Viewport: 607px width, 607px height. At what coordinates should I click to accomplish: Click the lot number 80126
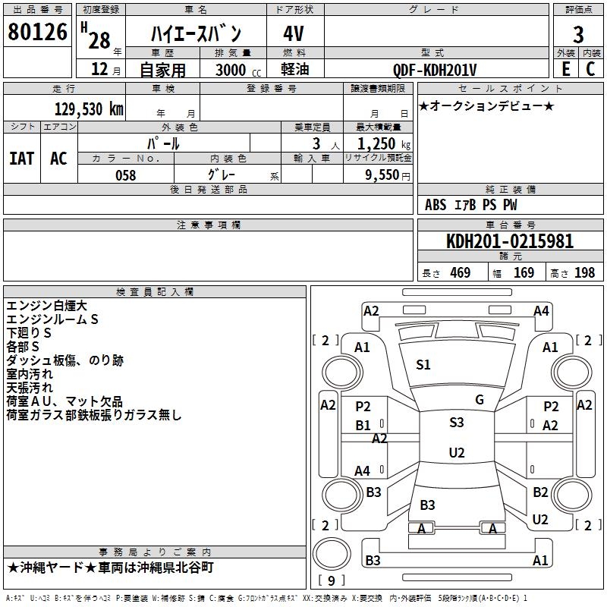click(37, 32)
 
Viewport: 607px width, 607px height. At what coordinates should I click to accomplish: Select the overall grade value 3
click(578, 34)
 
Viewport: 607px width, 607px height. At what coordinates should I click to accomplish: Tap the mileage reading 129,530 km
click(89, 109)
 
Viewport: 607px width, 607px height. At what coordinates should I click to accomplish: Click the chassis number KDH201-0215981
click(510, 241)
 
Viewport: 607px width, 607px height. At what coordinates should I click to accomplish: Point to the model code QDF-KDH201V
click(434, 70)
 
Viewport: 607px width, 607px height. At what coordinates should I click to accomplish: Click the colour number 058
click(126, 175)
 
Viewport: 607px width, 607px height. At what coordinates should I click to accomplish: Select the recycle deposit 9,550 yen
click(388, 175)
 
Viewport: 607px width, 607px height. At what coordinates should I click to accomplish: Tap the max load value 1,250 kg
click(384, 144)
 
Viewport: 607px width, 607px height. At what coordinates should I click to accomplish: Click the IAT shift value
click(22, 159)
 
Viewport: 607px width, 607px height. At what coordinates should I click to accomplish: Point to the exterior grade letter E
click(566, 69)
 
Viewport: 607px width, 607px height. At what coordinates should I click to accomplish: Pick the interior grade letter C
click(590, 69)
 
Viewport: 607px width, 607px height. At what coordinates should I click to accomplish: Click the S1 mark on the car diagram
click(423, 365)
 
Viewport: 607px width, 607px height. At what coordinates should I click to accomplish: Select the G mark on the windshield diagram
click(480, 400)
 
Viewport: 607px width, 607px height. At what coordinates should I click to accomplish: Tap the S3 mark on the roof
click(457, 423)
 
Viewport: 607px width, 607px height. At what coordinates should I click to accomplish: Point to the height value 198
click(584, 272)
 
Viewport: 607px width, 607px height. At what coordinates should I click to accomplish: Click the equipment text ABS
click(436, 205)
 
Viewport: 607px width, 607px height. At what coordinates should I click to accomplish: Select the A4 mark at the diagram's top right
click(541, 311)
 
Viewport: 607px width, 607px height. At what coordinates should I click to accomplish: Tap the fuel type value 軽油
click(295, 69)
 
